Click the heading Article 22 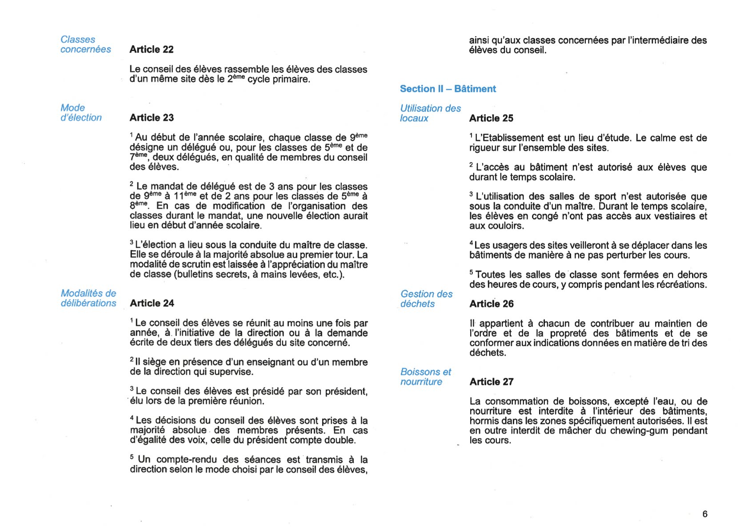(x=151, y=49)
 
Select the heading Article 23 (x=152, y=118)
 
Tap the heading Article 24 (x=152, y=303)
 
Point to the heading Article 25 (x=491, y=118)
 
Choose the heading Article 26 (x=491, y=304)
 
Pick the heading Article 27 (x=491, y=382)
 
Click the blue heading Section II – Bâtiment (x=448, y=89)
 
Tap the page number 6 (x=704, y=514)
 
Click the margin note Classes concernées (x=85, y=44)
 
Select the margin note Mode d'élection (x=81, y=113)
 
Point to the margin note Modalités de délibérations (x=88, y=298)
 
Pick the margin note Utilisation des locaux (x=430, y=113)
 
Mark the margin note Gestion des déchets (x=426, y=299)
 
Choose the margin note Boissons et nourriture (x=425, y=377)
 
